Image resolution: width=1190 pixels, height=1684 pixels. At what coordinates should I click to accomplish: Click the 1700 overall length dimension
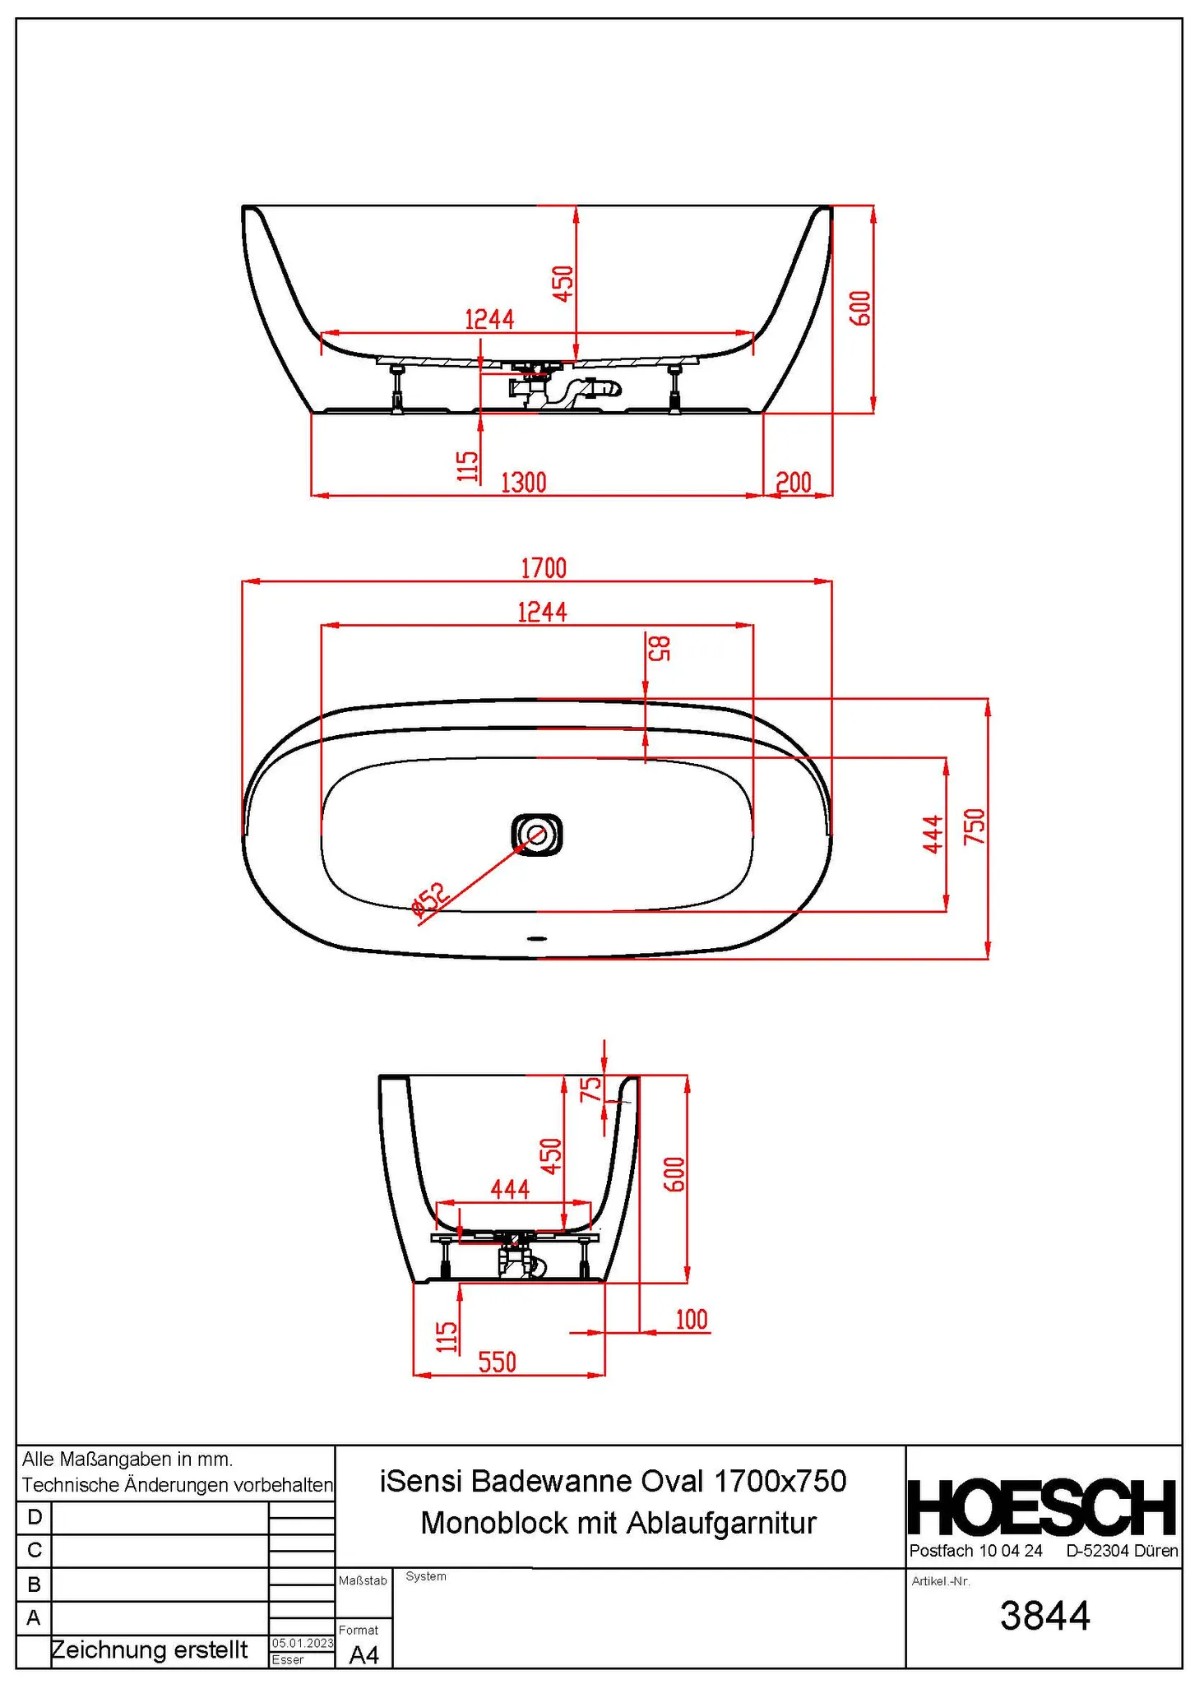(x=544, y=568)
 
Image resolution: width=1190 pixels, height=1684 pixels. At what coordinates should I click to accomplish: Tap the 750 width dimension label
(x=975, y=826)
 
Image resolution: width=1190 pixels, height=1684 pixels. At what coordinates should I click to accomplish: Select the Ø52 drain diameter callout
(x=431, y=899)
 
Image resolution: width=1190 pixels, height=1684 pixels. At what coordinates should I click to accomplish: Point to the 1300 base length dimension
(x=524, y=482)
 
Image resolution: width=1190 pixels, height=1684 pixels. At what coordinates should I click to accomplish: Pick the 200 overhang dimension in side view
(x=794, y=482)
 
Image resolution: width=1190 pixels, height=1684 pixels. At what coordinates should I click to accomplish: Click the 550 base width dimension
(x=498, y=1362)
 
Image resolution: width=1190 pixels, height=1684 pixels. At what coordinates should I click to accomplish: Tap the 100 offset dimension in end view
(x=691, y=1319)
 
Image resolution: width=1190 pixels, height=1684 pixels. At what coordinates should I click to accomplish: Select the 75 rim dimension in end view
(x=591, y=1090)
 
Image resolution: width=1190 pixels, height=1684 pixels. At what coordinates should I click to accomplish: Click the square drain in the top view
(x=537, y=835)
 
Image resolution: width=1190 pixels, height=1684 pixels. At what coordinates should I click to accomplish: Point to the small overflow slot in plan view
(x=537, y=937)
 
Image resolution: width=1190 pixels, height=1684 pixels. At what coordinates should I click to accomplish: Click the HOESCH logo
(x=1042, y=1507)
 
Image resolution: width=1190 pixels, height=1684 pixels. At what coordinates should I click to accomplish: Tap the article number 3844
(x=1044, y=1616)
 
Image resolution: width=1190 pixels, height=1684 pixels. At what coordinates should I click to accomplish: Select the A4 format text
(x=364, y=1655)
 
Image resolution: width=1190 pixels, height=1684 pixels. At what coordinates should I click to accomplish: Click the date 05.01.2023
(x=303, y=1643)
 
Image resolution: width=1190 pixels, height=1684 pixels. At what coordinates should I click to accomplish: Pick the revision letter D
(x=35, y=1516)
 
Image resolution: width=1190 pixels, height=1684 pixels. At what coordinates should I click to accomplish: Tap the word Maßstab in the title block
(x=363, y=1580)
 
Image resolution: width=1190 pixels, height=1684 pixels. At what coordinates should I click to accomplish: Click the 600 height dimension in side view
(x=860, y=308)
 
